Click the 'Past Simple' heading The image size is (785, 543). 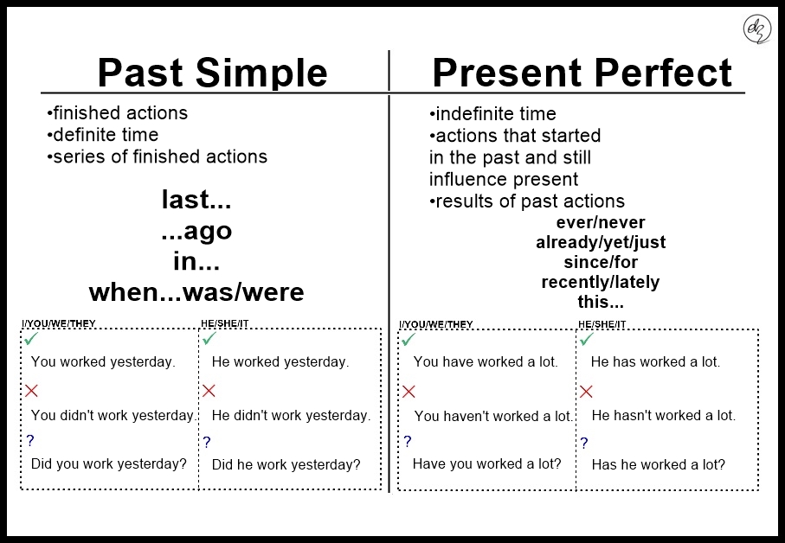pyautogui.click(x=212, y=73)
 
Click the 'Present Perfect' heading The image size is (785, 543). pyautogui.click(x=582, y=73)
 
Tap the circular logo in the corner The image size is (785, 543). pyautogui.click(x=757, y=29)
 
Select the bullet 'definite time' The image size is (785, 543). pyautogui.click(x=103, y=135)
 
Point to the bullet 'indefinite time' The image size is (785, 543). pyautogui.click(x=492, y=114)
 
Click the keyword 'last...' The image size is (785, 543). pyautogui.click(x=196, y=200)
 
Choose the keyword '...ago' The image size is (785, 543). pyautogui.click(x=196, y=231)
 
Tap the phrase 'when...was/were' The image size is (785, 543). pyautogui.click(x=196, y=292)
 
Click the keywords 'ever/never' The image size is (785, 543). pyautogui.click(x=601, y=222)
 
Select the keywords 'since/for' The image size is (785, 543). pyautogui.click(x=601, y=262)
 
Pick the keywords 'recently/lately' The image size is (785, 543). pyautogui.click(x=601, y=282)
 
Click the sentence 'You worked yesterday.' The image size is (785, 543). pyautogui.click(x=103, y=361)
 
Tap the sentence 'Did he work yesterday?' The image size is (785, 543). pyautogui.click(x=286, y=464)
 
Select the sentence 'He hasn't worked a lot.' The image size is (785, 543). pyautogui.click(x=663, y=415)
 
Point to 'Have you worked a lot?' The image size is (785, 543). pyautogui.click(x=486, y=463)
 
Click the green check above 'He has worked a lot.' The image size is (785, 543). pyautogui.click(x=586, y=339)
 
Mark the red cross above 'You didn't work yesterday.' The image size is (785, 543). pyautogui.click(x=31, y=391)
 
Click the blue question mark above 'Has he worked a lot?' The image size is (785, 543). pyautogui.click(x=584, y=443)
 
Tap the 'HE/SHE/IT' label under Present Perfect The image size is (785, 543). pyautogui.click(x=602, y=324)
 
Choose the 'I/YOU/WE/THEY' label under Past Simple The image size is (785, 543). pyautogui.click(x=59, y=323)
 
